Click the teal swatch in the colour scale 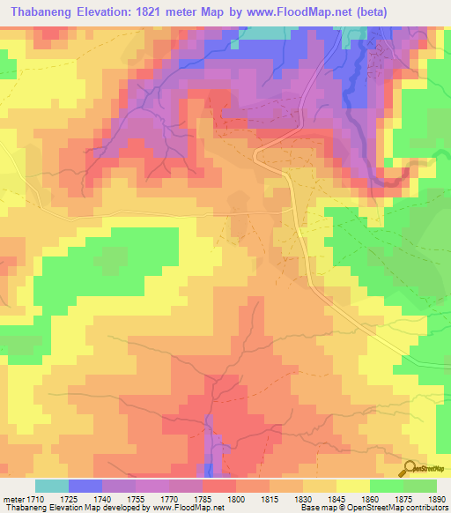[x=52, y=486]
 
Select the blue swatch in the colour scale [x=85, y=486]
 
